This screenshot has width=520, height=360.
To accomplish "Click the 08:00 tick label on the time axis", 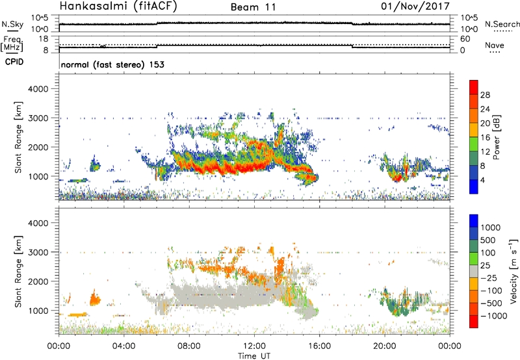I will pos(189,346).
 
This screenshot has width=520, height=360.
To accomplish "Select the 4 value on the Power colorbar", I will pos(485,179).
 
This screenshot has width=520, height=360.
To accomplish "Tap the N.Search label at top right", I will pos(503,24).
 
